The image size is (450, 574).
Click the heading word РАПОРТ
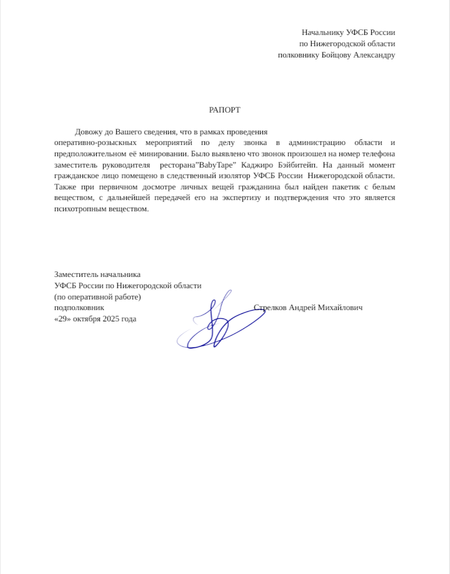pos(224,110)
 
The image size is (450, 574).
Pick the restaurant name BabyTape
pos(216,165)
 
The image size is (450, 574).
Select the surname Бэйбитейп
pos(297,165)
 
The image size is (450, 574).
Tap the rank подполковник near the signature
pos(79,308)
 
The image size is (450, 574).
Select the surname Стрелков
pos(271,308)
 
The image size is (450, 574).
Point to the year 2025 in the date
pos(111,319)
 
